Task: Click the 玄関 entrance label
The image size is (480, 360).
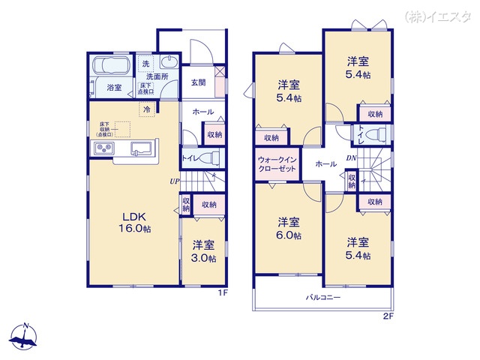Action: coord(198,82)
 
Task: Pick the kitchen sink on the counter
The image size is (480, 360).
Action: coord(141,147)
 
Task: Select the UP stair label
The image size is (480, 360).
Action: coord(174,181)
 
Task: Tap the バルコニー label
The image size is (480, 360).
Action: coord(323,297)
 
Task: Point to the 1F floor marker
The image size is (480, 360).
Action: coord(222,293)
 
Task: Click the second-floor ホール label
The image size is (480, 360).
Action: coord(325,163)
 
